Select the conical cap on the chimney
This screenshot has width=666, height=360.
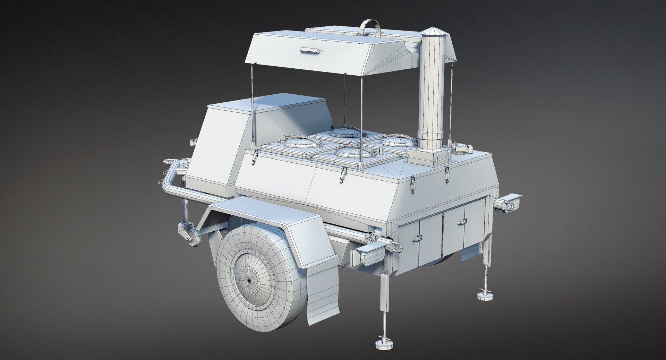click(x=430, y=31)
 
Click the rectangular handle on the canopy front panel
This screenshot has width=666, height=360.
click(x=311, y=51)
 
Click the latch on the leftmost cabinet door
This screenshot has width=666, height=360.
click(x=416, y=238)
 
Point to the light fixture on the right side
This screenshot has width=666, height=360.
click(x=509, y=205)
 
